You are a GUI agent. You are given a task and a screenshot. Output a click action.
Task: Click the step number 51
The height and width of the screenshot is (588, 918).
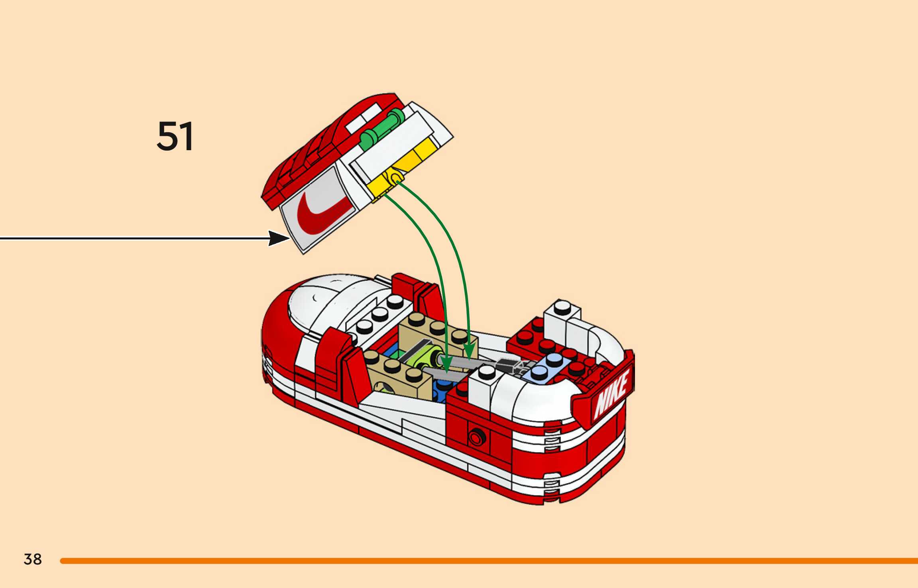coord(175,136)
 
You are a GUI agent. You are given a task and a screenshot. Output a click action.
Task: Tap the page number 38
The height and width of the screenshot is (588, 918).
coord(33,559)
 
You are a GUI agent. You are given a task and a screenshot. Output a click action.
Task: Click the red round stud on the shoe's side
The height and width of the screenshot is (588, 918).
coord(476,437)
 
